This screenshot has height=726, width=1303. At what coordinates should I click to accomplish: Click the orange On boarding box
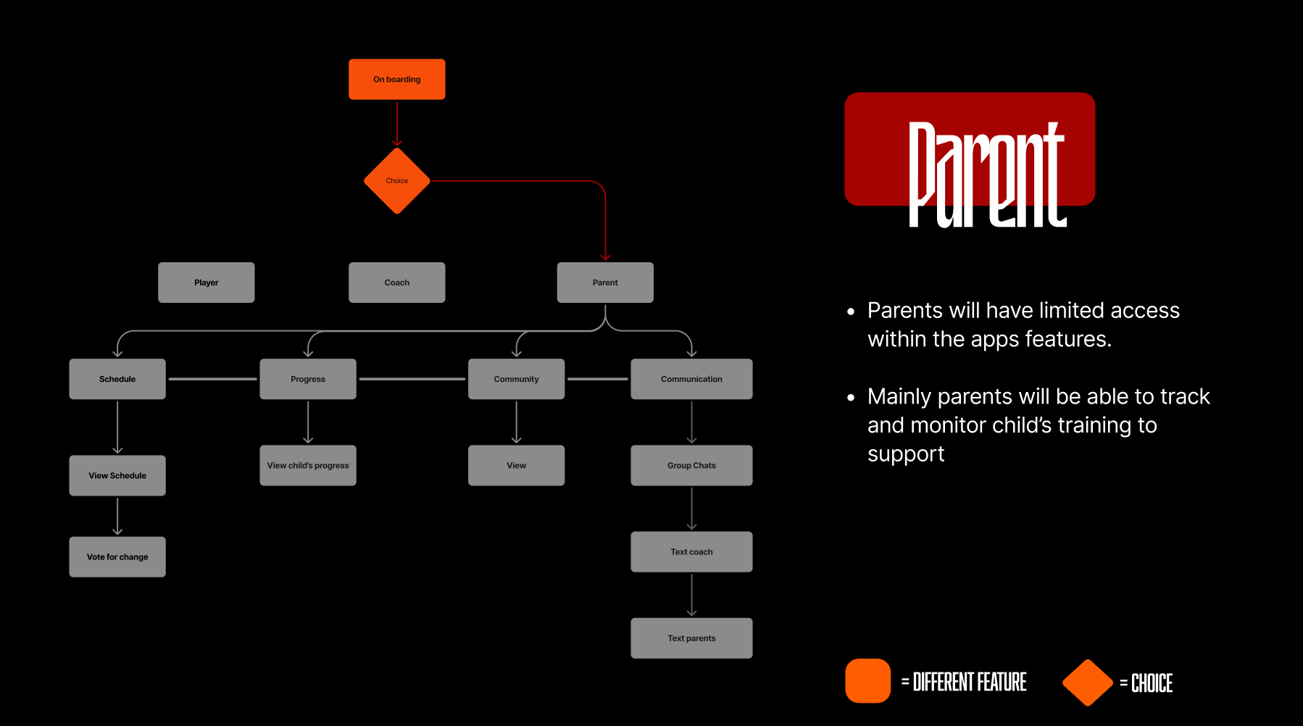pos(396,79)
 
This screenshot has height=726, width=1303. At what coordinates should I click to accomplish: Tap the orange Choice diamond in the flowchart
pos(396,181)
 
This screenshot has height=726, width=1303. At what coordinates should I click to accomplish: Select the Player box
pos(206,283)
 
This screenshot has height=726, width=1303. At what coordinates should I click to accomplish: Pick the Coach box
pos(396,283)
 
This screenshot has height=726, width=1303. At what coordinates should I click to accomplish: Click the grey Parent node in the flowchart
pos(605,283)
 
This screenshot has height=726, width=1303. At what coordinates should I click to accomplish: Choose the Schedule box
pos(117,379)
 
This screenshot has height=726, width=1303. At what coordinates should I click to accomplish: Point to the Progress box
pos(308,379)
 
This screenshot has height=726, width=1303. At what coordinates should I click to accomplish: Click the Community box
pos(516,379)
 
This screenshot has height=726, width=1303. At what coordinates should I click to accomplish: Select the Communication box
pos(691,379)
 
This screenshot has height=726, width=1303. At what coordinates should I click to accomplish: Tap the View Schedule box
pos(117,475)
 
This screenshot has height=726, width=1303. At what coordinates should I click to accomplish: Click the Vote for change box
pos(117,556)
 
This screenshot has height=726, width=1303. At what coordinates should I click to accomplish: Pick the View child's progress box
pos(308,465)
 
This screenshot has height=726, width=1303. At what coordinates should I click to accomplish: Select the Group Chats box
pos(691,465)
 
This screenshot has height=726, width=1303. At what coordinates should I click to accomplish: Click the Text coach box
pos(691,551)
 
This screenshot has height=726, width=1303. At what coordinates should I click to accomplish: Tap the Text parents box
pos(691,638)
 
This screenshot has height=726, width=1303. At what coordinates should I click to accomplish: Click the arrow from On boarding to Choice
pos(397,123)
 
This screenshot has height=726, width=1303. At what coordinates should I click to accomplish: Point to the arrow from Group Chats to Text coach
pos(692,509)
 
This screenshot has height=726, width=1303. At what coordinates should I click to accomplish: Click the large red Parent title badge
pos(970,149)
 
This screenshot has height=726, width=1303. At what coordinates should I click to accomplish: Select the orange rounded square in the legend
pos(867,680)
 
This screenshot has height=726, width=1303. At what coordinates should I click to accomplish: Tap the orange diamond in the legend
pos(1087,682)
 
